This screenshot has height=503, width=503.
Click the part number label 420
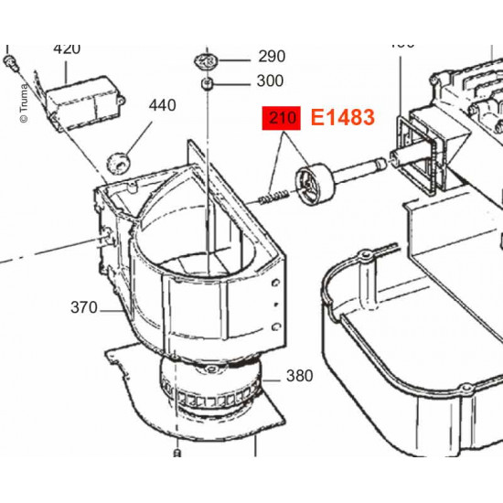(67, 48)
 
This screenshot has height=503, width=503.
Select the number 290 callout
(272, 56)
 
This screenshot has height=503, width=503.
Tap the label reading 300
(272, 80)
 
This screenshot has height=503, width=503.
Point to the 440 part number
(162, 105)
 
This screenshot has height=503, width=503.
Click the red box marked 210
(281, 118)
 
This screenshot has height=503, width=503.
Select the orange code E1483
(342, 118)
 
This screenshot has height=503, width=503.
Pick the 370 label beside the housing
(83, 308)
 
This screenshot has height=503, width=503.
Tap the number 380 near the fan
(299, 376)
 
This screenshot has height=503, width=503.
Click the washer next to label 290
(206, 61)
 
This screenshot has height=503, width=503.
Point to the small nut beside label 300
(209, 84)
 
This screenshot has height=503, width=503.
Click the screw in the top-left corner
(11, 61)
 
